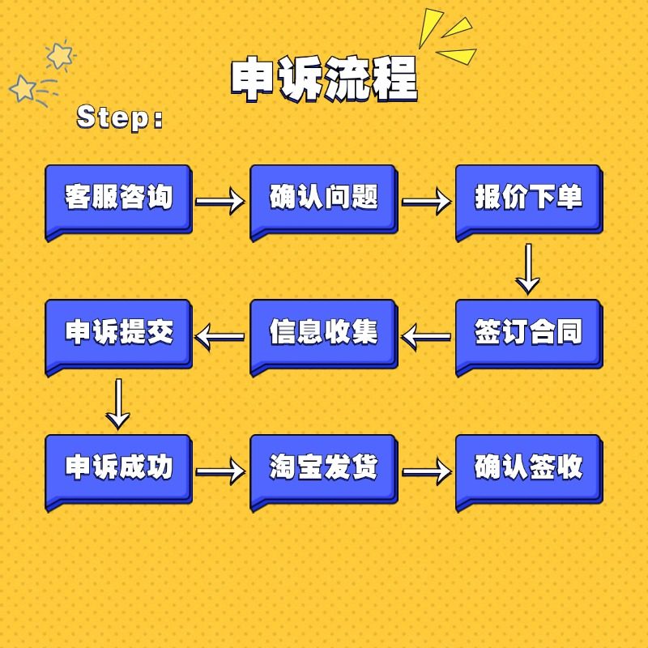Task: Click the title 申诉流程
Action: [324, 79]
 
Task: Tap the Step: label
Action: [119, 118]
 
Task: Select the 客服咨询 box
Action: [118, 198]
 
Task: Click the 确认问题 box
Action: [323, 198]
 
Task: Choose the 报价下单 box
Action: [528, 198]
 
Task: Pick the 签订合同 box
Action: [528, 333]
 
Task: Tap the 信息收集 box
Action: [323, 333]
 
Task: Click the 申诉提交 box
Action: [118, 333]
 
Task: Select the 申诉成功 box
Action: [118, 467]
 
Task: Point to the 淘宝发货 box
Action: [323, 467]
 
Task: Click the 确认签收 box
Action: [528, 467]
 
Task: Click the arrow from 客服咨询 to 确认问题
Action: [220, 200]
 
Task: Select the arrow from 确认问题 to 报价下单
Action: [426, 200]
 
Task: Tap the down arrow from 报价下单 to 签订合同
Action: [527, 268]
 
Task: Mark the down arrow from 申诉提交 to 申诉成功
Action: [118, 403]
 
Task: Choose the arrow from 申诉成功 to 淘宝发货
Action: [220, 470]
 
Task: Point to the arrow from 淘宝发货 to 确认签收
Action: [426, 470]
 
